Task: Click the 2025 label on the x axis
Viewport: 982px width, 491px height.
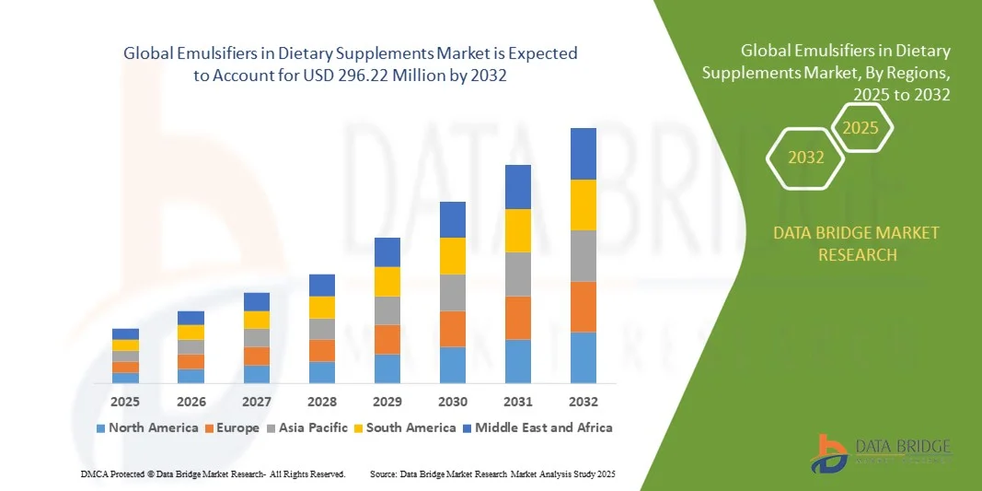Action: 125,402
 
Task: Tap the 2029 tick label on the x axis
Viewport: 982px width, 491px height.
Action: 387,402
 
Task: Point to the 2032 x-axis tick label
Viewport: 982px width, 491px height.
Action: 583,402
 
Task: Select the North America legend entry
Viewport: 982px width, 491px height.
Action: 147,427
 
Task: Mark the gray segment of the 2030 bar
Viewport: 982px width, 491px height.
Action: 453,292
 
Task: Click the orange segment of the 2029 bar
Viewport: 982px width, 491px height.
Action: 387,339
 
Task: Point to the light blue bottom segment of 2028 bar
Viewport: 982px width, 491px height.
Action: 322,371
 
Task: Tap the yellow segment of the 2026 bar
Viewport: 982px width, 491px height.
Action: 191,332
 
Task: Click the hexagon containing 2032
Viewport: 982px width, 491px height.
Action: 805,158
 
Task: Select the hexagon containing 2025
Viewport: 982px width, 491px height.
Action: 861,128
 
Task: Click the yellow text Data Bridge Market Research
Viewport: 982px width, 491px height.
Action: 857,243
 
